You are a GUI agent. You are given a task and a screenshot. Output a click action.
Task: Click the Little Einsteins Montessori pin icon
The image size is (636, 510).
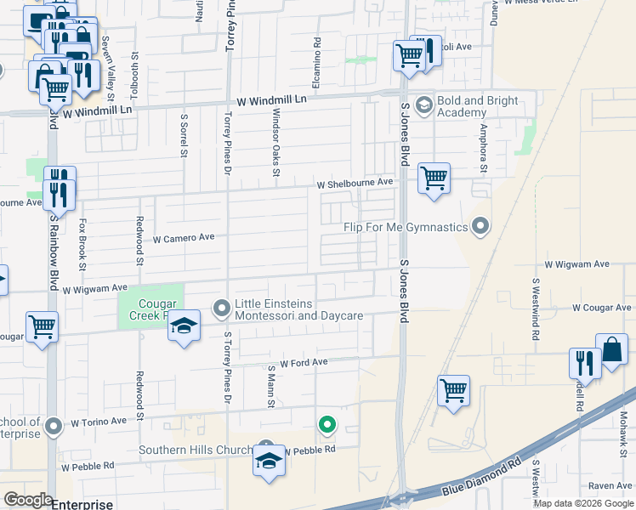click(222, 308)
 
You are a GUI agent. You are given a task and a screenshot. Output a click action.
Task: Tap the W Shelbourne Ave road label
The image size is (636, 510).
click(355, 183)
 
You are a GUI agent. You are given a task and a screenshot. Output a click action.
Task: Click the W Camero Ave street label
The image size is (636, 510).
click(183, 240)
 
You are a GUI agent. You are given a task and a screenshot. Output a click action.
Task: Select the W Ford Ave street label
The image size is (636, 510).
click(304, 362)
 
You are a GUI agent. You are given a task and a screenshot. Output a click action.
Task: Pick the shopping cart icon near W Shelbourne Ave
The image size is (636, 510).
click(434, 178)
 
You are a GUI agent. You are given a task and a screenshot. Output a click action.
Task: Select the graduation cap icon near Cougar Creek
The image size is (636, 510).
click(184, 326)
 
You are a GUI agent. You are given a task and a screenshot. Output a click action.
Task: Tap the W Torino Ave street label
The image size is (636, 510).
click(98, 422)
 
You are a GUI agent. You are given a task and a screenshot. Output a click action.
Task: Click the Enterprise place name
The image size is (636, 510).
click(82, 504)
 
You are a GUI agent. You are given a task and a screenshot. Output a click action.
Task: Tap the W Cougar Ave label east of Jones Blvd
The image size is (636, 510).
click(603, 307)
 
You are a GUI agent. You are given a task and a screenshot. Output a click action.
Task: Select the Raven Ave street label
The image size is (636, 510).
click(609, 486)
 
